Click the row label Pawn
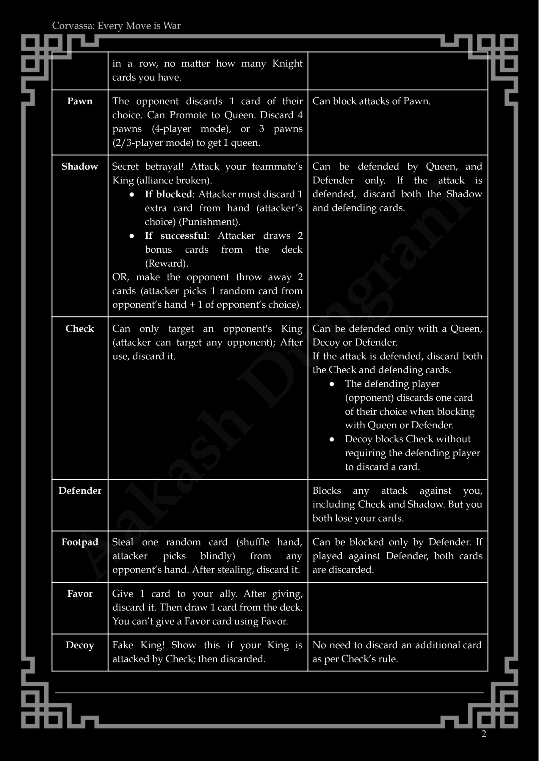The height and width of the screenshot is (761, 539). tap(80, 101)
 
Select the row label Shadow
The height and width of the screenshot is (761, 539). tap(80, 166)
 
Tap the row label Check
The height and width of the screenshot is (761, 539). tap(80, 328)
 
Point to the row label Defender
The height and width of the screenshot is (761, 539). tap(80, 491)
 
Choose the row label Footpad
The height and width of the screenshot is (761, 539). tap(80, 542)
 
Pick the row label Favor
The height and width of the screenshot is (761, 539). tap(80, 594)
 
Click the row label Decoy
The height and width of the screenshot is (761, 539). tap(80, 645)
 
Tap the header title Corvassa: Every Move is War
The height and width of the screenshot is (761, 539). tap(116, 26)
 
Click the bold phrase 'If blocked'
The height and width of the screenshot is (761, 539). tap(168, 194)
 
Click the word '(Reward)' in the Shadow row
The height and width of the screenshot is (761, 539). tap(167, 264)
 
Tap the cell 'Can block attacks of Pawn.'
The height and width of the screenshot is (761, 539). tap(371, 101)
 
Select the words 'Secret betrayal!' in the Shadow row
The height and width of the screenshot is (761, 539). tap(148, 166)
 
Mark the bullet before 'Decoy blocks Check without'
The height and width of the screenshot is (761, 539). tap(332, 439)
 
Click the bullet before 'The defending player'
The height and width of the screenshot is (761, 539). tap(332, 384)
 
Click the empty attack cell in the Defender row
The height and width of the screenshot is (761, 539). tap(208, 505)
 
